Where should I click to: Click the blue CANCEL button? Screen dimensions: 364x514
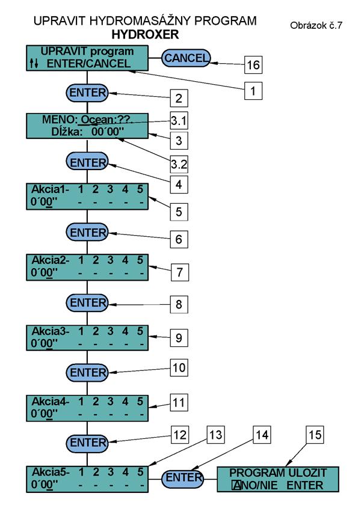186,58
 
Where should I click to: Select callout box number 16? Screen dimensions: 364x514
253,64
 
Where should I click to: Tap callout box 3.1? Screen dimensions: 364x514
179,121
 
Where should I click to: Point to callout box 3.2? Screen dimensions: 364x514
179,164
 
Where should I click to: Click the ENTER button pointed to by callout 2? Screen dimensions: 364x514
87,93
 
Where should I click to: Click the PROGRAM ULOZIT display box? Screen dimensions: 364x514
278,479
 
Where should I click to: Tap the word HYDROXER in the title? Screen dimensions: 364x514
145,34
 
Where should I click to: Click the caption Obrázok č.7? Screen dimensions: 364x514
316,25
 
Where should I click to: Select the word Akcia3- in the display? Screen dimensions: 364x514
51,331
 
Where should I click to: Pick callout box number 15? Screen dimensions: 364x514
315,435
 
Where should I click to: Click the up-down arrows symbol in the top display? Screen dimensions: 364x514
34,63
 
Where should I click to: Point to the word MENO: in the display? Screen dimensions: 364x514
58,119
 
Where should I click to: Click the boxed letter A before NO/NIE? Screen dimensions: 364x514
236,485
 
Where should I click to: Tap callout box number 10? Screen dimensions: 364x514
179,367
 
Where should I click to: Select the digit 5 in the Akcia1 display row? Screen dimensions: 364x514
140,189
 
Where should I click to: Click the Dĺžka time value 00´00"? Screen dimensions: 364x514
108,132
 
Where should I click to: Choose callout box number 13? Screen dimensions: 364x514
216,435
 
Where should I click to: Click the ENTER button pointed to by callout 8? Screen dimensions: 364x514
87,303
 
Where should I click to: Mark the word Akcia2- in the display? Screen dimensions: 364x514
51,260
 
